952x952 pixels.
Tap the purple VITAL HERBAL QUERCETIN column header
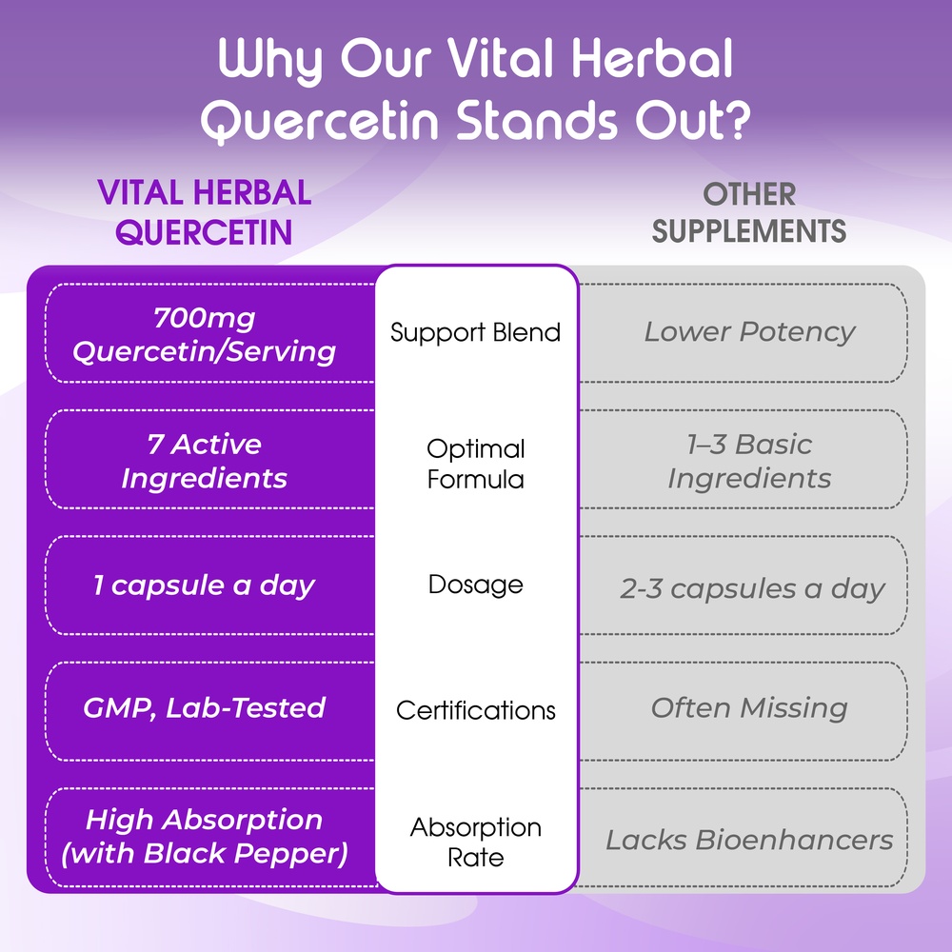[204, 212]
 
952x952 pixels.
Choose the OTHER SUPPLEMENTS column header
[748, 212]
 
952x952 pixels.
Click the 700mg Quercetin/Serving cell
[204, 334]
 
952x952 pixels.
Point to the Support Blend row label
[475, 332]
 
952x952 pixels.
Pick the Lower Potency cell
[749, 332]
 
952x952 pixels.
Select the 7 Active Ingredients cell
[204, 461]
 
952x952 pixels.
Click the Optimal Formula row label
[475, 464]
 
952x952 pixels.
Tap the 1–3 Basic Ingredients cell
[749, 461]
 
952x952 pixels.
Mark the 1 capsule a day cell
[204, 585]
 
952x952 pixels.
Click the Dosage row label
[475, 585]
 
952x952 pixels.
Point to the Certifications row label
[475, 710]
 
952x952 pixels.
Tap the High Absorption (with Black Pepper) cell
[204, 837]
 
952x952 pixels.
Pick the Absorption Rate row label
[475, 843]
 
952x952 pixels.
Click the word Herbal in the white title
[652, 58]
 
